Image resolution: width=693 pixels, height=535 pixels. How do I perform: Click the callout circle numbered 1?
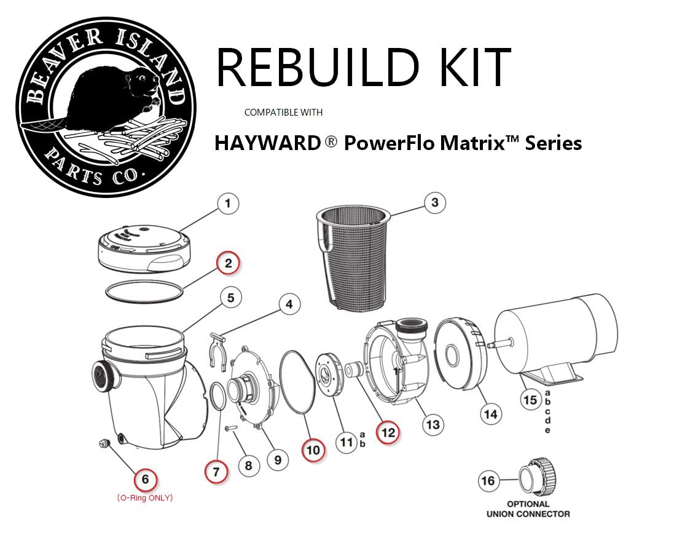click(x=228, y=204)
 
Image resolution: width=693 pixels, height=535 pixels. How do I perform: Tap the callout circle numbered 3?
click(x=434, y=203)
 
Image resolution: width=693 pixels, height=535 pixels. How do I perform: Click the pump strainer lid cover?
click(x=141, y=253)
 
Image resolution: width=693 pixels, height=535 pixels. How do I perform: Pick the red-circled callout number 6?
click(x=145, y=479)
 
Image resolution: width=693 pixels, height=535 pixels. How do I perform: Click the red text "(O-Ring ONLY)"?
click(x=145, y=497)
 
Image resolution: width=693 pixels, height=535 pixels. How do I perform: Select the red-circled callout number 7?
click(x=216, y=472)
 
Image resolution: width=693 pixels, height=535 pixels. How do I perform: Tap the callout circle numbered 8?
click(x=248, y=466)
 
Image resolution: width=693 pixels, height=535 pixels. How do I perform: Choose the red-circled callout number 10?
click(x=313, y=450)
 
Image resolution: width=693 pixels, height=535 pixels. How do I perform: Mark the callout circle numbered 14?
click(x=490, y=414)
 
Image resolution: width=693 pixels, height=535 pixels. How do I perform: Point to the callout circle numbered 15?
click(x=530, y=400)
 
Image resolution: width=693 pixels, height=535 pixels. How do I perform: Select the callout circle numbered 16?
click(x=487, y=480)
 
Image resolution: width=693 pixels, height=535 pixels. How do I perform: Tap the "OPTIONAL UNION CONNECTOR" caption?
click(x=528, y=508)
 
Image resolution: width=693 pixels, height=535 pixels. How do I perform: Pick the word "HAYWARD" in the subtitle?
click(x=267, y=143)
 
